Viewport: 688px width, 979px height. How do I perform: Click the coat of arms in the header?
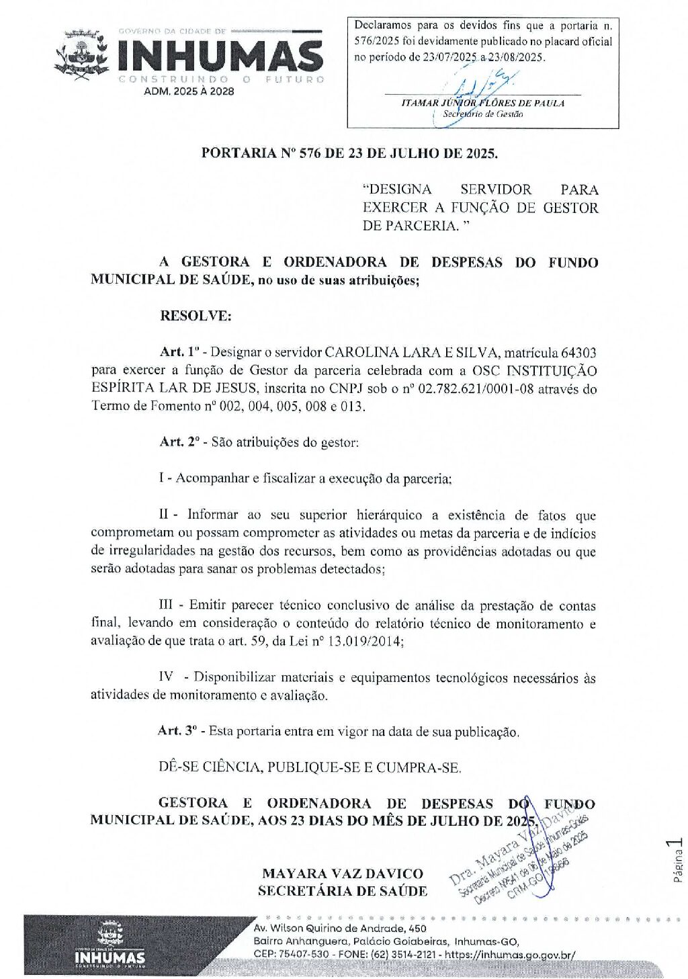point(82,54)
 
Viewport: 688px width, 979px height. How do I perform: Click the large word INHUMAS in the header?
point(220,56)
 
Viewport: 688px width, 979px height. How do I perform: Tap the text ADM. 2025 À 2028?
point(189,91)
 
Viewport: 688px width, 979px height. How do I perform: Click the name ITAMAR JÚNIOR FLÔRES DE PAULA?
point(482,103)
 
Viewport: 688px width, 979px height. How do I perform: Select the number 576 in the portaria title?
point(310,153)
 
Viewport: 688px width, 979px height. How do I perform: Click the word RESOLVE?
point(196,316)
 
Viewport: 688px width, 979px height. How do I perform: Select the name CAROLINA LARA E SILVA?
point(412,353)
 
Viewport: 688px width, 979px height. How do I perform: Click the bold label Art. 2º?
point(179,442)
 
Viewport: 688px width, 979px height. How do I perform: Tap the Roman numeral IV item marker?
point(165,677)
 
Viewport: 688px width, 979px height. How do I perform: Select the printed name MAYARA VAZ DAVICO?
point(343,874)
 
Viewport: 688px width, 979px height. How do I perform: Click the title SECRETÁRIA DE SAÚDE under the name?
point(343,891)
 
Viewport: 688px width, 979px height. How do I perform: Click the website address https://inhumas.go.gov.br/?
point(510,954)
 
